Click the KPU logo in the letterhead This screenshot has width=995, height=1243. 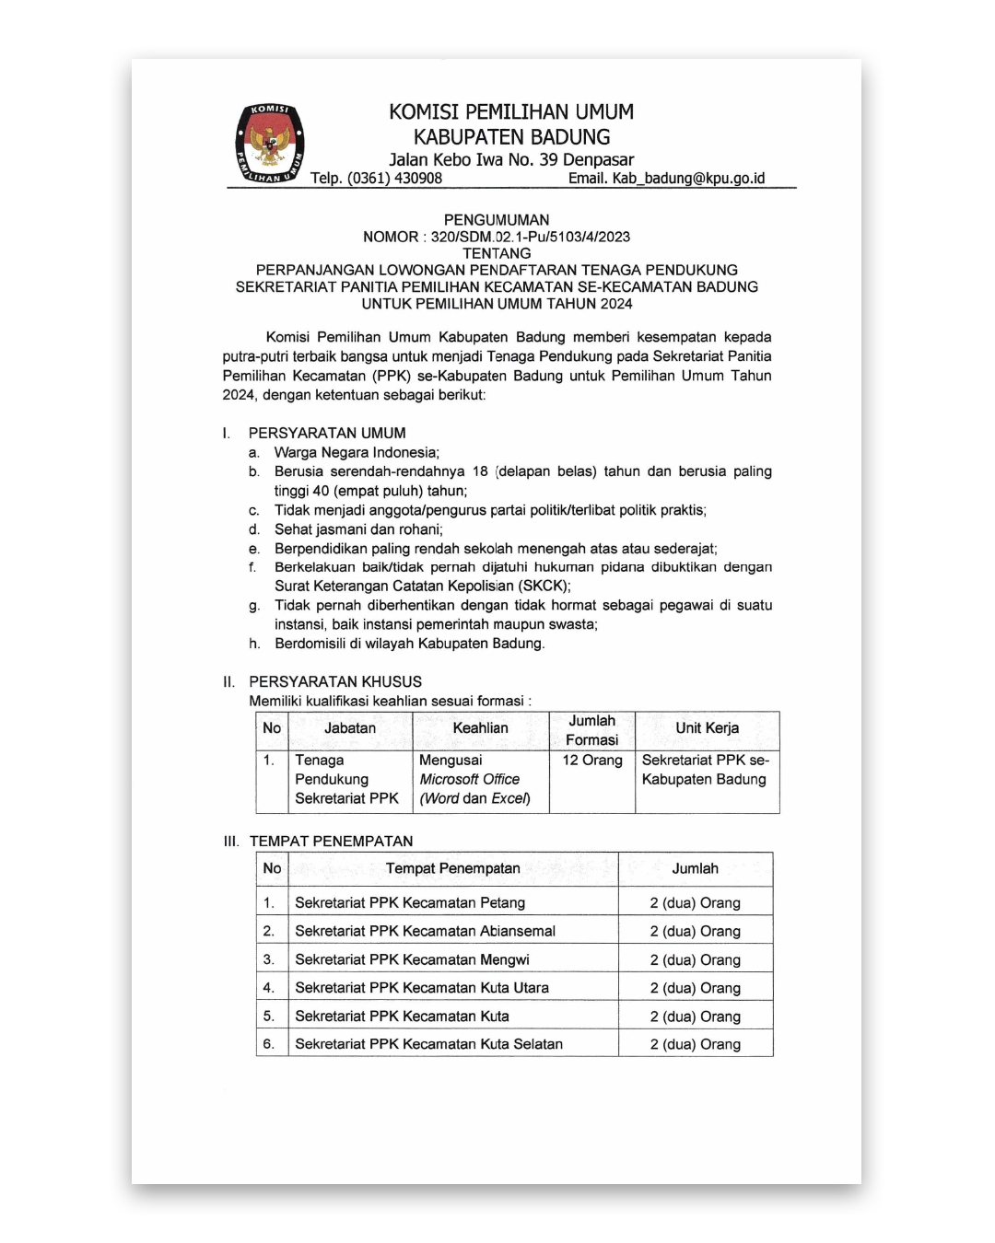[269, 144]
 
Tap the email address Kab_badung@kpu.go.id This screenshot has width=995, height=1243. [688, 179]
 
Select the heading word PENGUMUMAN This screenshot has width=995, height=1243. [497, 220]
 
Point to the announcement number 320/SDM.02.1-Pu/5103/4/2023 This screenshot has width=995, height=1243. [530, 237]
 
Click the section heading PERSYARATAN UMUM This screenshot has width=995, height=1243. [327, 433]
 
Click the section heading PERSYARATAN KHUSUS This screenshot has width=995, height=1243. [335, 681]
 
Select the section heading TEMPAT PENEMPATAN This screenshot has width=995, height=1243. [331, 841]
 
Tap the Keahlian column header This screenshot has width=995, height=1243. [480, 728]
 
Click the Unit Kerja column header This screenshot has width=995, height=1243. [707, 728]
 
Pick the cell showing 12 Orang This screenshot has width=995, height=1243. [592, 761]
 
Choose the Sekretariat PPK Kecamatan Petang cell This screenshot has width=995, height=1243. [410, 903]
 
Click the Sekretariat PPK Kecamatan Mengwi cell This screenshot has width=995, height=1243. [412, 959]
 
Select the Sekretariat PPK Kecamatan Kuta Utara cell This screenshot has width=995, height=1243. [422, 988]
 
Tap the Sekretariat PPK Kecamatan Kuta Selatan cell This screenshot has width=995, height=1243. [428, 1044]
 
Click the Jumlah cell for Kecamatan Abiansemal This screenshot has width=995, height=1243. [695, 932]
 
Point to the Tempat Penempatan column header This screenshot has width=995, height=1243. [452, 868]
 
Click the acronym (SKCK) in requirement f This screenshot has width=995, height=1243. [544, 586]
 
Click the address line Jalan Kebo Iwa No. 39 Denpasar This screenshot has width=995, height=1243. [511, 159]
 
